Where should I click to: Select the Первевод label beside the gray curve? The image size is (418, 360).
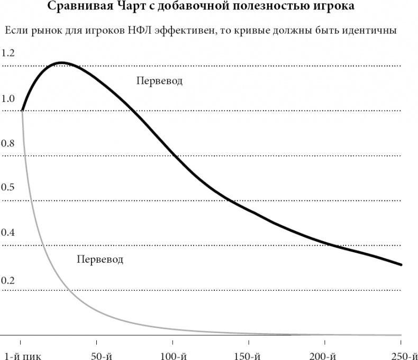pos(99,260)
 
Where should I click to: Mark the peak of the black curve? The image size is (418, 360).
pos(62,62)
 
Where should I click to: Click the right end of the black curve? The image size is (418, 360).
pos(402,264)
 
